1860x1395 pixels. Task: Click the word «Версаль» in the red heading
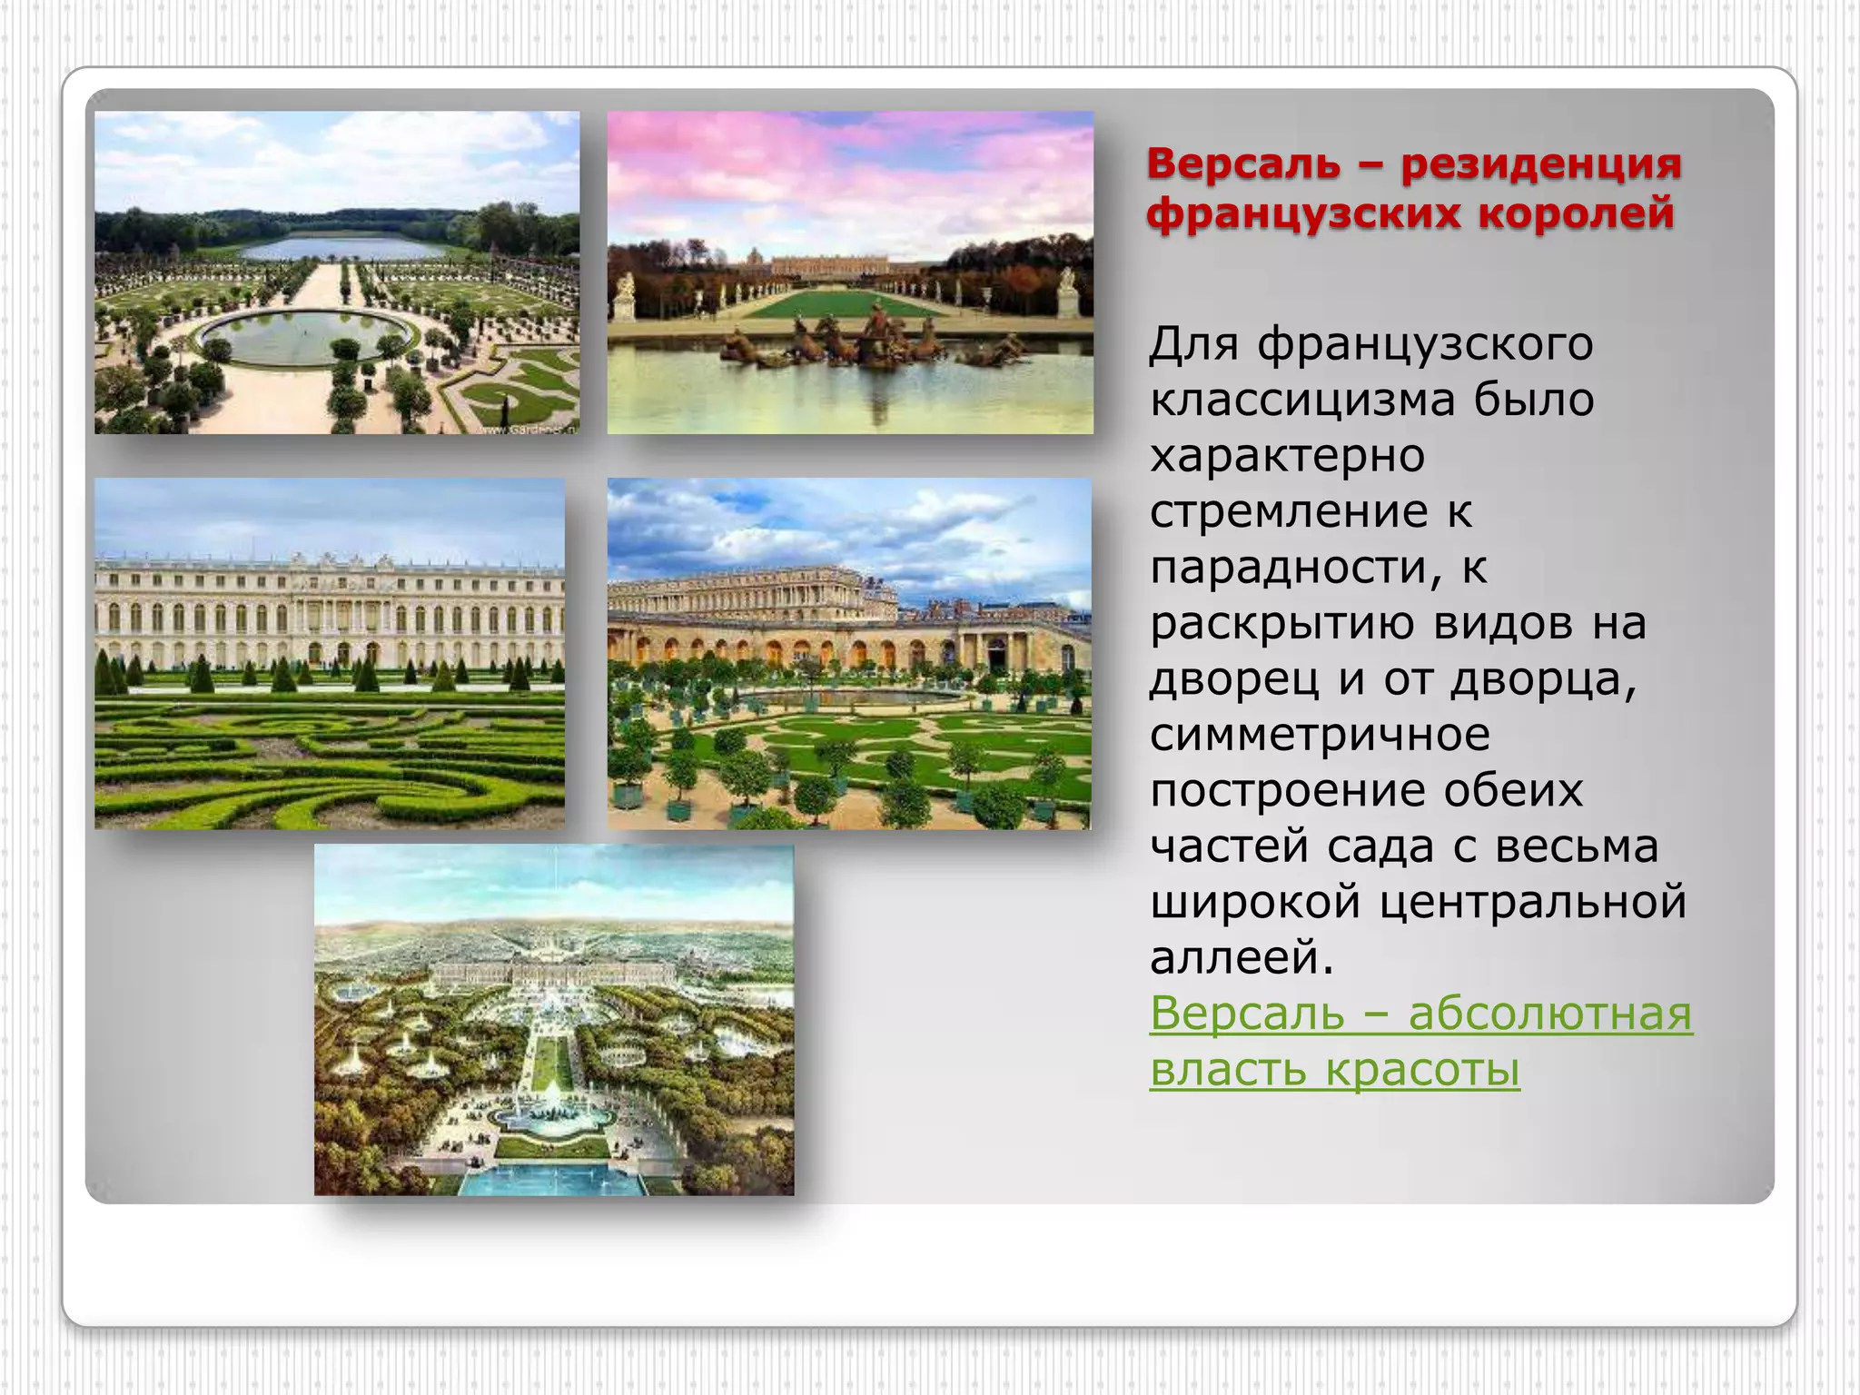pyautogui.click(x=1243, y=164)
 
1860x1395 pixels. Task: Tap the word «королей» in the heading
pyautogui.click(x=1576, y=213)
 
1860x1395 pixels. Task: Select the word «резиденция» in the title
pyautogui.click(x=1541, y=164)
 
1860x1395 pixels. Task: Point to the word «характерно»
pyautogui.click(x=1287, y=456)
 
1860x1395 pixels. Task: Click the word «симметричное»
pyautogui.click(x=1320, y=735)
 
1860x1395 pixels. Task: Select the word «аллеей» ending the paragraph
pyautogui.click(x=1241, y=958)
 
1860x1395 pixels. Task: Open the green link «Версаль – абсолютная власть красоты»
pyautogui.click(x=1420, y=1014)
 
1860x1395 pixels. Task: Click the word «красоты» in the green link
pyautogui.click(x=1422, y=1070)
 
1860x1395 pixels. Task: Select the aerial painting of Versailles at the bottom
pyautogui.click(x=554, y=1019)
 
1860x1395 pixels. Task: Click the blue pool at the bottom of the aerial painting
pyautogui.click(x=554, y=1179)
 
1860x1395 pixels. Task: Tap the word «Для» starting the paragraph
pyautogui.click(x=1193, y=345)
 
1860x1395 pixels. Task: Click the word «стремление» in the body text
pyautogui.click(x=1289, y=512)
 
